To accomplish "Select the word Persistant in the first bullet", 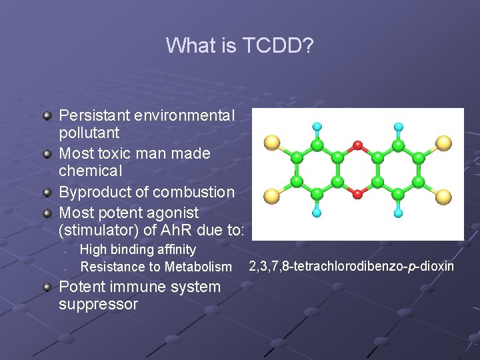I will pos(94,115).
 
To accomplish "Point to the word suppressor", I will pos(98,305).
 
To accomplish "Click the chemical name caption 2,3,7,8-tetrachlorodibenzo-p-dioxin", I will pos(351,267).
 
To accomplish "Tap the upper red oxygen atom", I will pos(357,145).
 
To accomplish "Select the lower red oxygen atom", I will pos(357,194).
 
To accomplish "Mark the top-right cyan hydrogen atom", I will pos(399,126).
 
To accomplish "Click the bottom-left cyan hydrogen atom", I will pos(317,213).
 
